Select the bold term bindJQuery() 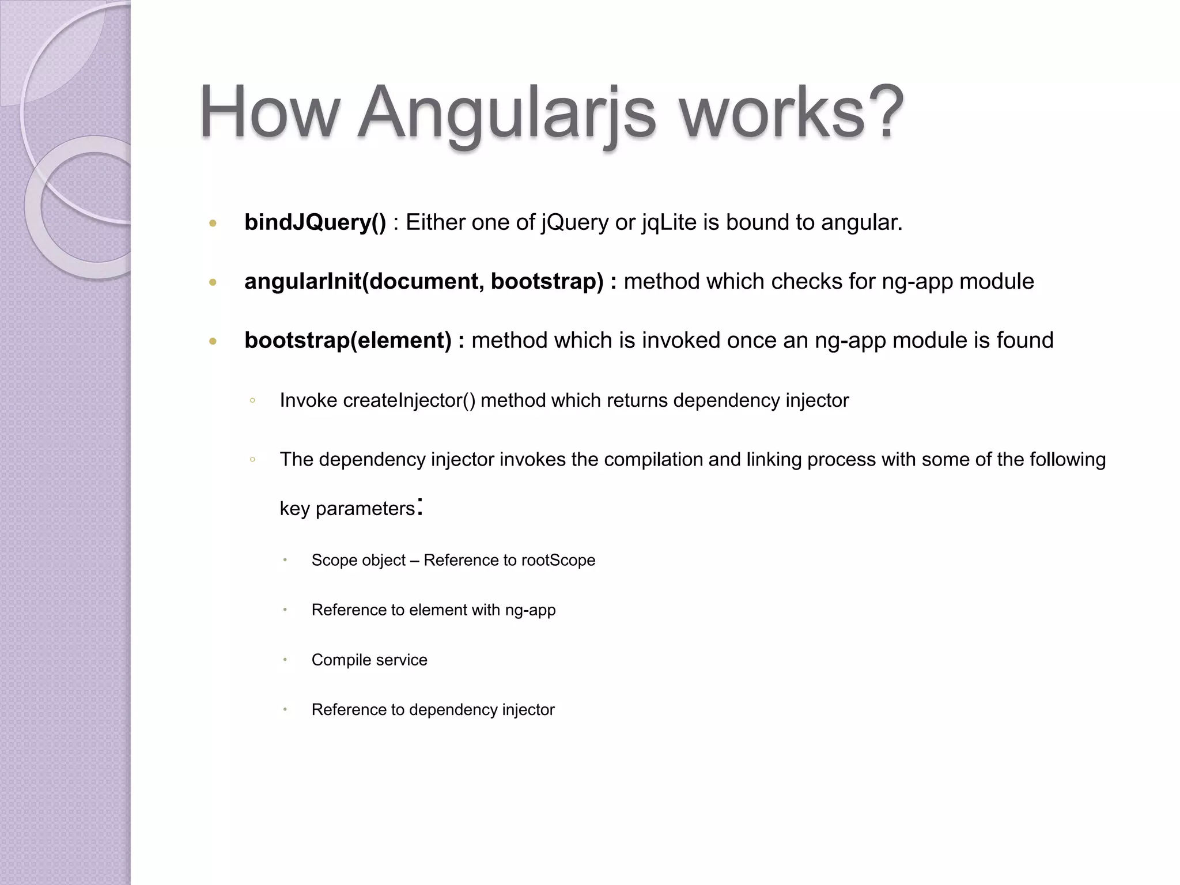coord(315,222)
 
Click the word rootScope coord(558,560)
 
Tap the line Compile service coord(369,660)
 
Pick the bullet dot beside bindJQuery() coord(213,223)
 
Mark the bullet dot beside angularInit coord(213,282)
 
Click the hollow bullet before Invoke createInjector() coord(252,400)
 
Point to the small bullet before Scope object coord(285,560)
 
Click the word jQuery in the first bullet coord(574,222)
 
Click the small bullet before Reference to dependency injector coord(285,709)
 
